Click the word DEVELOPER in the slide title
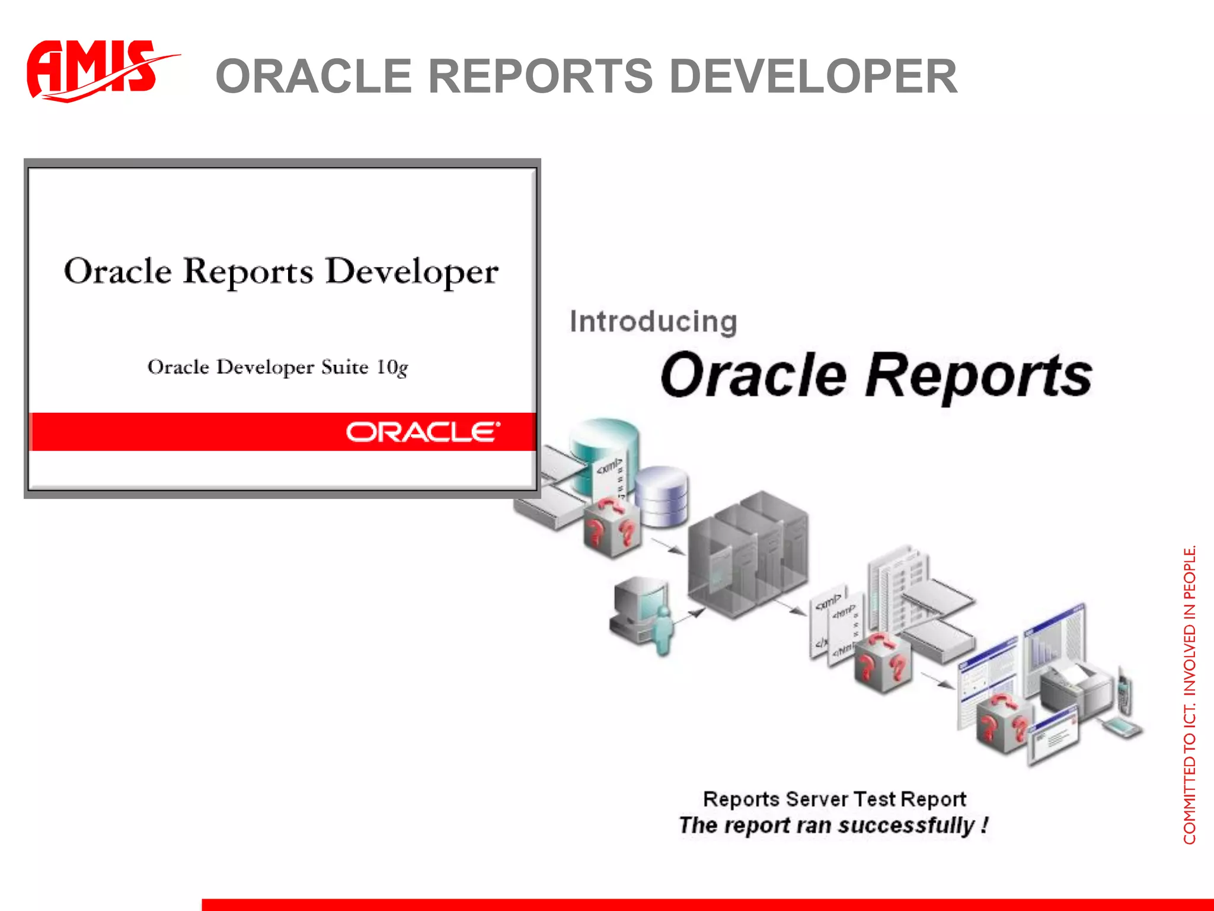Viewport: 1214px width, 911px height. point(813,77)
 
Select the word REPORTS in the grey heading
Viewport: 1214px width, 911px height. point(540,77)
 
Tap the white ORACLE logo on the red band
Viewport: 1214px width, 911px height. point(423,432)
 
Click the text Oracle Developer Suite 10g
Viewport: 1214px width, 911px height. point(277,367)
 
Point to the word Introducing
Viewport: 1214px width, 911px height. point(653,322)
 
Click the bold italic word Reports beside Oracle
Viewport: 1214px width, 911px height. point(978,375)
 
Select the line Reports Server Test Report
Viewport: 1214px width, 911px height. point(834,799)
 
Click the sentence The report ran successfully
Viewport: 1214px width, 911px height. point(833,825)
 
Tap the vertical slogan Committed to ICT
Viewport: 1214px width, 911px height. point(1189,694)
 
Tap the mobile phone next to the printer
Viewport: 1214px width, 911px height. point(1123,691)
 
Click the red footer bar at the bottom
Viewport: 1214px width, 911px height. point(705,904)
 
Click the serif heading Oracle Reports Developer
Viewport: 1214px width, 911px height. point(281,272)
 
